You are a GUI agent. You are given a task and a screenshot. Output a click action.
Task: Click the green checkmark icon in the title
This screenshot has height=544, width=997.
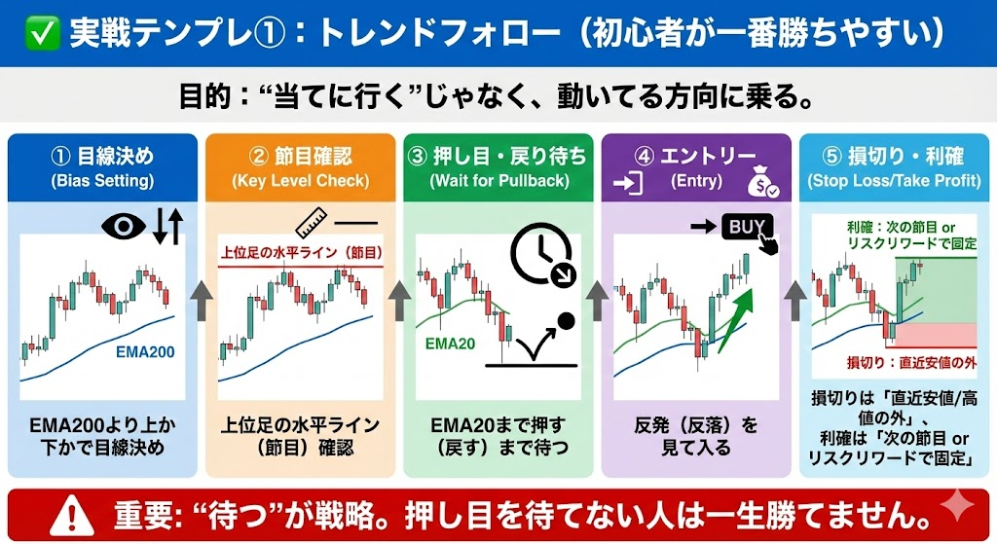click(43, 34)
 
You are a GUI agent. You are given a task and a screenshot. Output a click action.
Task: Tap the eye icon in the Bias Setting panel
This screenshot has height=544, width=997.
click(124, 226)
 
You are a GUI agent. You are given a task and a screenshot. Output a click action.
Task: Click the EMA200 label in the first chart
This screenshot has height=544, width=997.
click(145, 351)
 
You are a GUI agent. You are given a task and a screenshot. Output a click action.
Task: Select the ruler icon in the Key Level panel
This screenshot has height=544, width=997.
click(312, 223)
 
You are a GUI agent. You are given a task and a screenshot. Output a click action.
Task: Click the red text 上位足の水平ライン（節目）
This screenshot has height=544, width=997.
click(302, 253)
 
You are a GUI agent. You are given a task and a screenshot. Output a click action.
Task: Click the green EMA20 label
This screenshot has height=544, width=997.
click(450, 344)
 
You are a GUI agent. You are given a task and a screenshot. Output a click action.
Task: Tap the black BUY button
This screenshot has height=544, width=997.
click(747, 227)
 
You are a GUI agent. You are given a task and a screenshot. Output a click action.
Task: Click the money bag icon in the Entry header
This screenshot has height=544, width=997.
click(763, 181)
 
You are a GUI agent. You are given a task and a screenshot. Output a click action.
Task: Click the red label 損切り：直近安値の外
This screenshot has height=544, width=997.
click(911, 362)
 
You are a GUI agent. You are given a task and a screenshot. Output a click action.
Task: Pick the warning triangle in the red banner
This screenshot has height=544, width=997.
click(72, 515)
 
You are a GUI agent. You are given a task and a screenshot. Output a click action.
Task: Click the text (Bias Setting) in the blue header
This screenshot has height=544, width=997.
click(102, 180)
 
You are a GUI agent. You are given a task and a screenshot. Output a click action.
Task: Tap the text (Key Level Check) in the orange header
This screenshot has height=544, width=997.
click(300, 180)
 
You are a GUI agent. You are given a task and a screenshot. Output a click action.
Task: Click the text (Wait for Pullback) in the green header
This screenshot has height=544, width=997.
click(499, 180)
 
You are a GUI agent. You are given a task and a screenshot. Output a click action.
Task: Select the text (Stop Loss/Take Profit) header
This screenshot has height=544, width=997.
click(894, 180)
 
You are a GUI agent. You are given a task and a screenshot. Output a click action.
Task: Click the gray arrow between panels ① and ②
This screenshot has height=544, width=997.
click(201, 301)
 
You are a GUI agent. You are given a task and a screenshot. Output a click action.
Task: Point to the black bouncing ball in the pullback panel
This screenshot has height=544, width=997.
click(566, 321)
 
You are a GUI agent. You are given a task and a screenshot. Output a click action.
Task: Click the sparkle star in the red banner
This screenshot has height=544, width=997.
click(957, 506)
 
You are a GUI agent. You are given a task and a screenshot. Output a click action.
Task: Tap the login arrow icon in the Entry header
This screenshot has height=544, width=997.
click(628, 183)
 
